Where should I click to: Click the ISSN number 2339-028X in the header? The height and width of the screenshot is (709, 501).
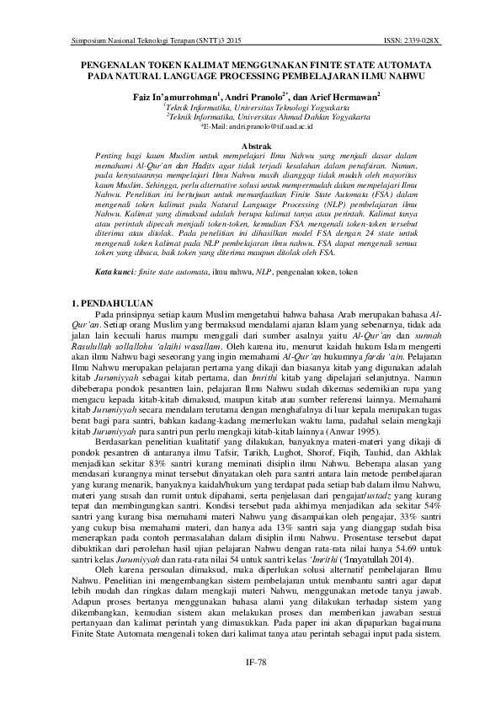422,40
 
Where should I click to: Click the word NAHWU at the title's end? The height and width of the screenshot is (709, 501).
404,75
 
